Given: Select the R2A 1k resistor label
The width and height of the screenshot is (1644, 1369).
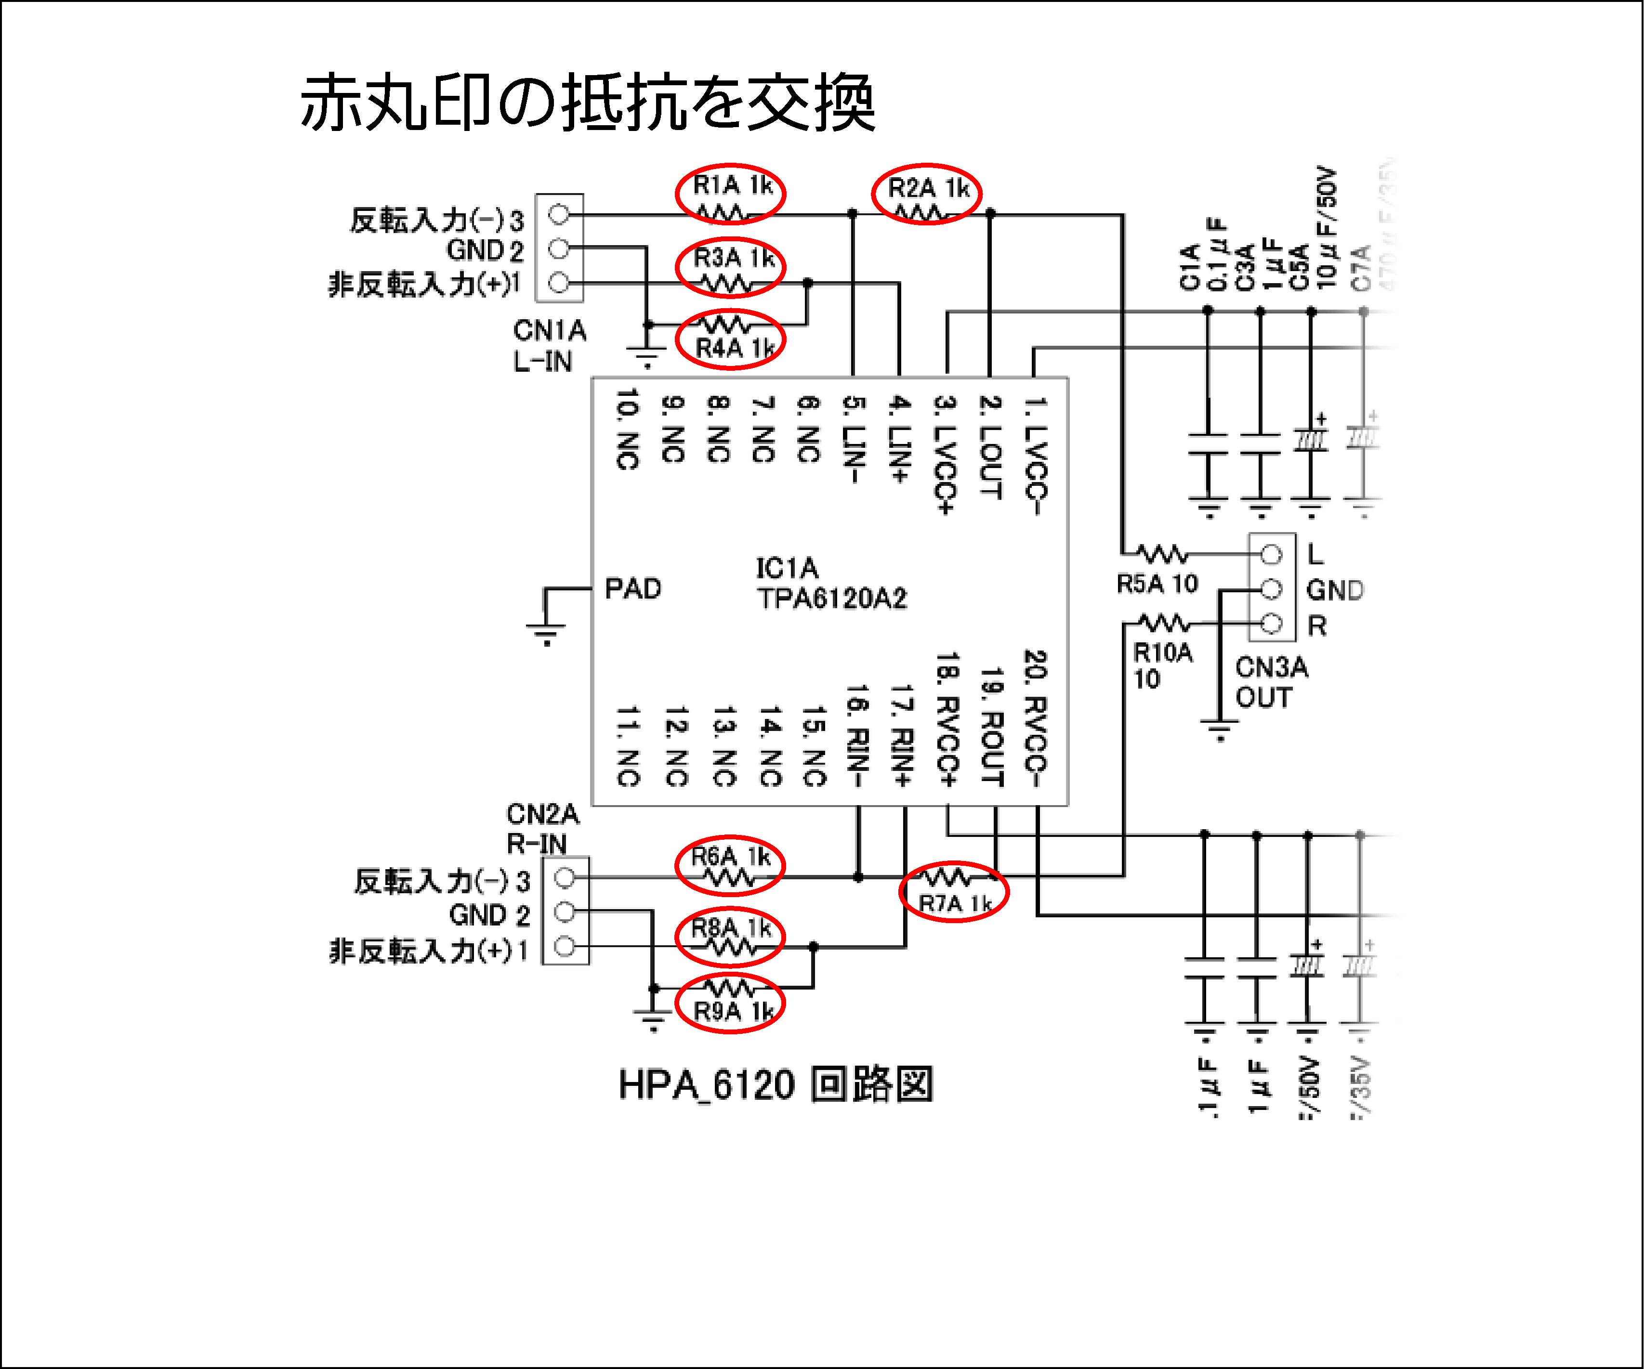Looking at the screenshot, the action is (x=928, y=188).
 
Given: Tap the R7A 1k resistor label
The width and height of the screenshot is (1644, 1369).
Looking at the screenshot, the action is (x=955, y=903).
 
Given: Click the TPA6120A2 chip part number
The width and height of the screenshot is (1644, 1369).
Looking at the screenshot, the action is (x=831, y=599).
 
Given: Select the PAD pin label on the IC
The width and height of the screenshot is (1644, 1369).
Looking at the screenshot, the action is (x=632, y=588).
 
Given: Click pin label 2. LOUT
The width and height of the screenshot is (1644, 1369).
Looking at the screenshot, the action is (x=990, y=446).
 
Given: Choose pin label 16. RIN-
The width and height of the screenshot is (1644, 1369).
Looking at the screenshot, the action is (x=857, y=736).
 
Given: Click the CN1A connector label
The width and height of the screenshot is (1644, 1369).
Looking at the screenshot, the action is (x=550, y=330).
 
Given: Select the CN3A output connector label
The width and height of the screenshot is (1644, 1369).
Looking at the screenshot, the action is (x=1271, y=668).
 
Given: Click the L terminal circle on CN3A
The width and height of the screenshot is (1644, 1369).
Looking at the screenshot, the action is (x=1271, y=555).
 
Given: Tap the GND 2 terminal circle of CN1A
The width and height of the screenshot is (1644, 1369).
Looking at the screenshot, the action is (x=558, y=249).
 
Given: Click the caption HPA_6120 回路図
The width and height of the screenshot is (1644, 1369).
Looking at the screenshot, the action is (x=775, y=1085).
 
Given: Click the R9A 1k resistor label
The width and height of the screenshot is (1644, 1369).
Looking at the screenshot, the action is (x=734, y=1011).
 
